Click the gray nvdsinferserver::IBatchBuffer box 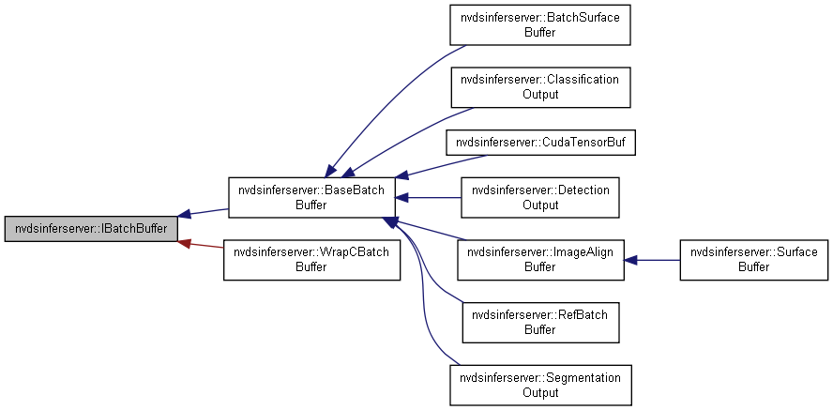(91, 229)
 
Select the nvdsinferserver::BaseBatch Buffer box (310, 197)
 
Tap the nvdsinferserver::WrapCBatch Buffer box (310, 259)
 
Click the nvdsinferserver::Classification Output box (539, 86)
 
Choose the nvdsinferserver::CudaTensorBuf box (539, 142)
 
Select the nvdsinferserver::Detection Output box (539, 197)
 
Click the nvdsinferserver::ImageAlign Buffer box (539, 259)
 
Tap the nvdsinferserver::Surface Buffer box (754, 259)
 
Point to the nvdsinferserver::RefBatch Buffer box (539, 322)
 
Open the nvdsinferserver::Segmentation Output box (539, 385)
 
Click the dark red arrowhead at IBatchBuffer (185, 242)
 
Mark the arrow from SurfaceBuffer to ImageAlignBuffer (653, 259)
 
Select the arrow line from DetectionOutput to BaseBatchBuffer (432, 197)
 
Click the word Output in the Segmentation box (539, 392)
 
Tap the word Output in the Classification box (539, 95)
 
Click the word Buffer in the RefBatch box (539, 329)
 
